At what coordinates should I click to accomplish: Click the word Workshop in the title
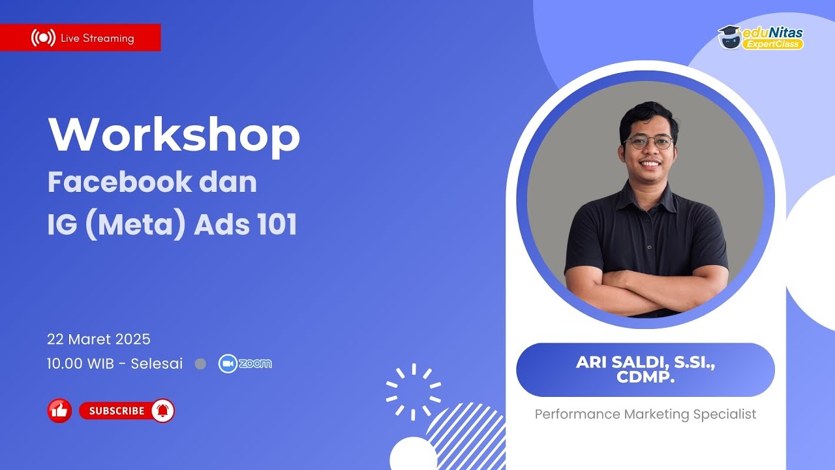point(174,135)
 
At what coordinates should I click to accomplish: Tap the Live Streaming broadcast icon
point(43,38)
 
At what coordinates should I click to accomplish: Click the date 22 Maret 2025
point(99,339)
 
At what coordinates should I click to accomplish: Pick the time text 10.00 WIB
point(82,364)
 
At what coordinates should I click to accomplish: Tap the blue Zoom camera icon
point(227,364)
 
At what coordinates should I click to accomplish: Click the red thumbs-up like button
point(59,411)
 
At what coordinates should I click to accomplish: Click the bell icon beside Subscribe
point(162,411)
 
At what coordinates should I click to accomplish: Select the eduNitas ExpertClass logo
point(761,37)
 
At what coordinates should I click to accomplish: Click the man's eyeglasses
point(648,142)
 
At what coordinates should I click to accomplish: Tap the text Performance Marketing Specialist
point(645,414)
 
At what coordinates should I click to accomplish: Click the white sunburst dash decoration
point(413,392)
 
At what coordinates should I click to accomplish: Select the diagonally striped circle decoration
point(466,434)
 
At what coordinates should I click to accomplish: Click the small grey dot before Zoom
point(201,364)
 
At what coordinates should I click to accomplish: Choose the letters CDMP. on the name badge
point(645,378)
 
